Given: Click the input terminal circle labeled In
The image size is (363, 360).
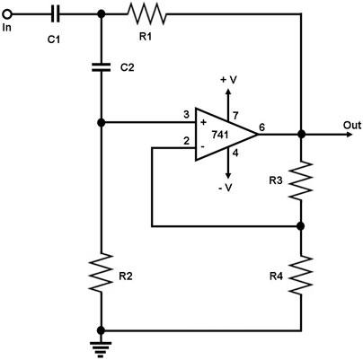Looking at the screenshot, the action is pos(7,13).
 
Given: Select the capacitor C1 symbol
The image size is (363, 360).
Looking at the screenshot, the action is pos(55,13).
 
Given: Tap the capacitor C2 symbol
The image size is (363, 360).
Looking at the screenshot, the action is pos(102,67).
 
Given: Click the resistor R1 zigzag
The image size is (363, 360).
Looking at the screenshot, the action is pos(146,13).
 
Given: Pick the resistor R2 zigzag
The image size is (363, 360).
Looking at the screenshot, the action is pos(102,272).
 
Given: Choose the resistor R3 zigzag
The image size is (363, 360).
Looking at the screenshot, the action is pos(300,180).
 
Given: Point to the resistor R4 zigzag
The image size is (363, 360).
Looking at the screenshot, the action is pos(300,275).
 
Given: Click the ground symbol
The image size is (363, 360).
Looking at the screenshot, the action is pos(102,349).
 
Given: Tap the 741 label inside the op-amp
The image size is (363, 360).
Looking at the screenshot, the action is pos(220,135).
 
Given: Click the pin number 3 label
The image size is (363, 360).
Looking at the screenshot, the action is pos(186,115).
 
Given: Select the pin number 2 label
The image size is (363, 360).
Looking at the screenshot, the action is pos(186,140).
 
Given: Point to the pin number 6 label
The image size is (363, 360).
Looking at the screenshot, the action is pos(261,127).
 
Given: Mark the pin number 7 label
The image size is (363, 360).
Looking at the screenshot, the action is pos(235,115).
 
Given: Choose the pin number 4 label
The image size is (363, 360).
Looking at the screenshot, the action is pos(235,154).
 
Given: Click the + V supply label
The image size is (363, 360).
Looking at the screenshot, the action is pos(228,80).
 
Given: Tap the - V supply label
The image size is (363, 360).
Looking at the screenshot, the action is pos(226,188).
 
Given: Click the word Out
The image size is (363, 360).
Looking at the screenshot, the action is pos(352,125).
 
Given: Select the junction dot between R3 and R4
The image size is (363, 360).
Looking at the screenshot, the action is pos(301,226).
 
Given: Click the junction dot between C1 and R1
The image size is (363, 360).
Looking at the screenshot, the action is pos(102,13).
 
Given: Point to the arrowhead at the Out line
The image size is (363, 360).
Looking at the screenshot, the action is pos(349,134).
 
